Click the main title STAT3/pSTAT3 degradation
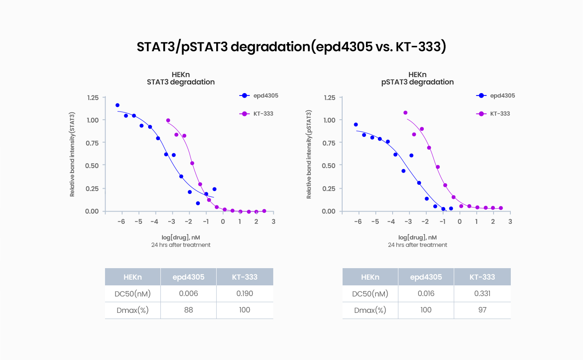pos(291,47)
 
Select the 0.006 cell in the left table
pos(188,294)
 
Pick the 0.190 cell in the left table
pos(245,294)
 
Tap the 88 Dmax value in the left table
pos(188,310)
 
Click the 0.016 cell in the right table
pos(426,294)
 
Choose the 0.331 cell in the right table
pos(482,294)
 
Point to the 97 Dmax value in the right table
pos(482,310)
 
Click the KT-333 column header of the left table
pos(245,277)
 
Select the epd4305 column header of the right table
pos(426,277)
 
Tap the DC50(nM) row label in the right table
pos(370,294)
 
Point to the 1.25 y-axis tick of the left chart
pos(93,98)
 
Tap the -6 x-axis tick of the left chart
pos(121,221)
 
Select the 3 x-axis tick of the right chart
pos(510,221)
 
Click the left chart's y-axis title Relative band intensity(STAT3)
pos(72,155)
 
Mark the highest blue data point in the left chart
pos(117,105)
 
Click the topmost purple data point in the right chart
pos(405,113)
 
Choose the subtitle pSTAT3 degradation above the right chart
pos(417,82)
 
